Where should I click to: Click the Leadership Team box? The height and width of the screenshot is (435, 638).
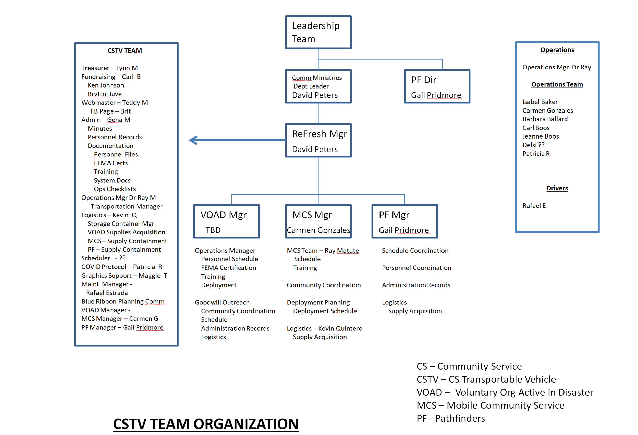(318, 32)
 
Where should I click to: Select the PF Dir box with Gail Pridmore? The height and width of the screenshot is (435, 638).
(436, 86)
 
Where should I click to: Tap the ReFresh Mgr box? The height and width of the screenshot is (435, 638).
(318, 141)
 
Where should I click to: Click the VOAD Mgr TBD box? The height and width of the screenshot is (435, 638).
(226, 221)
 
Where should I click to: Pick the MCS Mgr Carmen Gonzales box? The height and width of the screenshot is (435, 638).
(318, 221)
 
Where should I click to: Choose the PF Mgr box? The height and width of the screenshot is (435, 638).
(404, 221)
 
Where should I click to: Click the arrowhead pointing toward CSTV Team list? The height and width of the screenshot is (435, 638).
(193, 140)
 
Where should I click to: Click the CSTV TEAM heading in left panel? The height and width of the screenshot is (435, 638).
(125, 51)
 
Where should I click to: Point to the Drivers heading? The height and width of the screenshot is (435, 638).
(557, 188)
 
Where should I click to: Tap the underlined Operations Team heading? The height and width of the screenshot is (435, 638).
(557, 84)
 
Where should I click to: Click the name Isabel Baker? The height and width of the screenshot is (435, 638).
(540, 102)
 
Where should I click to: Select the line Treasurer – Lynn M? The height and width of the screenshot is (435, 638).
(109, 68)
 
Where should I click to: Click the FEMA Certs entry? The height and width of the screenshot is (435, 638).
(111, 163)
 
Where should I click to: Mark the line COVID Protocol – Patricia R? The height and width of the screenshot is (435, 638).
(122, 267)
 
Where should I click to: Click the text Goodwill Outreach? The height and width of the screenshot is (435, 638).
(222, 302)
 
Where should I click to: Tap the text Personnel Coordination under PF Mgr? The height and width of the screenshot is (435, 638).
(416, 268)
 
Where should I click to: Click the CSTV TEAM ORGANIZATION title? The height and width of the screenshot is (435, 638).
(206, 424)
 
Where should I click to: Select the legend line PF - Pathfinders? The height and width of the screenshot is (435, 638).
(450, 418)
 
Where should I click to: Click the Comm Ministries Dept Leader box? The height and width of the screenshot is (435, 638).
(318, 86)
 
